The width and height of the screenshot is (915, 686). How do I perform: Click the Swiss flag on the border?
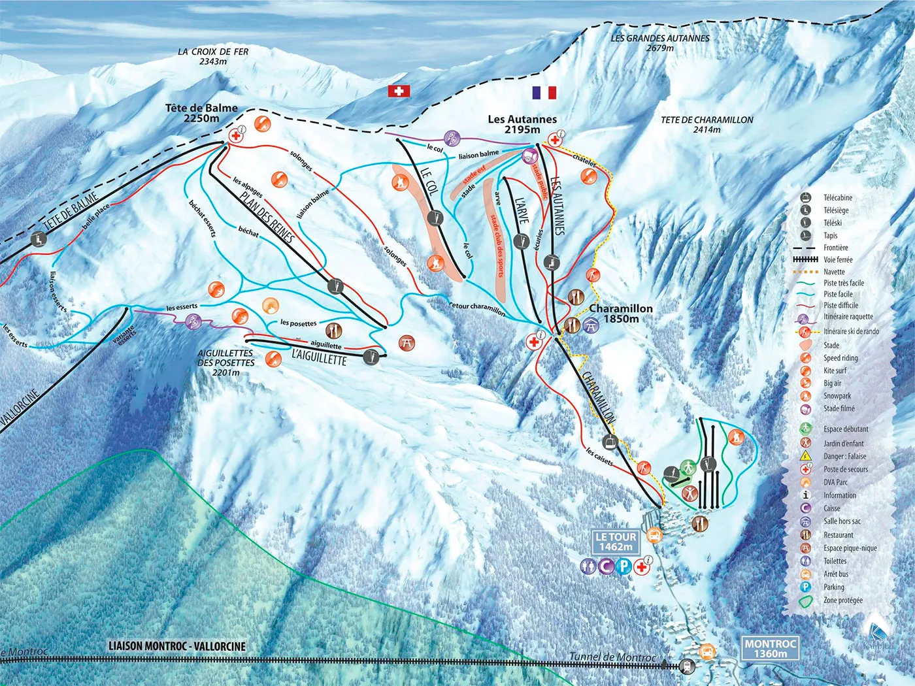point(399,91)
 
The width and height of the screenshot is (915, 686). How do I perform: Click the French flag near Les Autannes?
point(544,93)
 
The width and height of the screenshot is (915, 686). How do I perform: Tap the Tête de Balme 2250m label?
point(201,113)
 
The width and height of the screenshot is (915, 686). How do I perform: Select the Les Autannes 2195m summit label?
point(522,124)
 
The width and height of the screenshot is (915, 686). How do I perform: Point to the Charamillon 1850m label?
point(621,314)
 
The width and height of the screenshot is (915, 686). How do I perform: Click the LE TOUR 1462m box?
point(615,542)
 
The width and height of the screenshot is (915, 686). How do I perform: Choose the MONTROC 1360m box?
point(771,648)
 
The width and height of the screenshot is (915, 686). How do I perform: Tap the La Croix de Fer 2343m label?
point(213,56)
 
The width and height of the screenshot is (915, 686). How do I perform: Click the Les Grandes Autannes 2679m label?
point(660,43)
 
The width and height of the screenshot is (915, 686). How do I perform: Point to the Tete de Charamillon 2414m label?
point(707,125)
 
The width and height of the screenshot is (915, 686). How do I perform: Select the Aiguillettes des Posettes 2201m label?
point(225,363)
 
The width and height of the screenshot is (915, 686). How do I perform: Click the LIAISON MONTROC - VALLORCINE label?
point(177,646)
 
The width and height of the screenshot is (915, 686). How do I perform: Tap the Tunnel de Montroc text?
point(612,657)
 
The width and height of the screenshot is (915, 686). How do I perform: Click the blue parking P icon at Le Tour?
point(624,566)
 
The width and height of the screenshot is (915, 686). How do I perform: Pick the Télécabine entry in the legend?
point(837,197)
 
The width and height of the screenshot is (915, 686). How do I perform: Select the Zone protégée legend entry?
point(842,600)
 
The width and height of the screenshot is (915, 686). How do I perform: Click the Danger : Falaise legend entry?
point(844,456)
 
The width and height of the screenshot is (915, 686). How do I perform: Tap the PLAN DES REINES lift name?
point(266,218)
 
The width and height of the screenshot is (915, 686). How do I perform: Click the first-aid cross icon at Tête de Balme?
point(235,135)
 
